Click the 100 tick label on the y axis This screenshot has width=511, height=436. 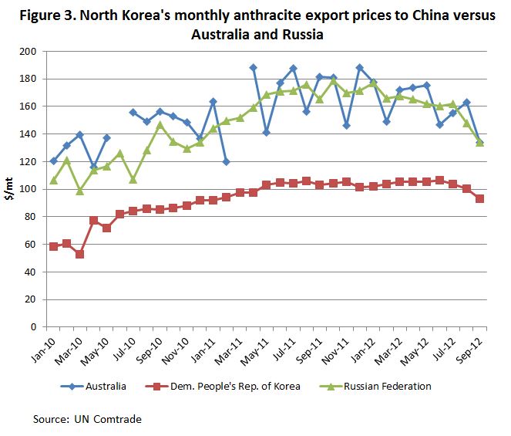[29, 189]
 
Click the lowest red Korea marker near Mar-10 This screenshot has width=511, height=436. [79, 254]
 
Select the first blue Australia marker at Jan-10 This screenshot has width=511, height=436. [53, 161]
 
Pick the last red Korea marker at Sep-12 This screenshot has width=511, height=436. [479, 198]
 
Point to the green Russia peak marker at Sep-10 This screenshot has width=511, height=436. [160, 124]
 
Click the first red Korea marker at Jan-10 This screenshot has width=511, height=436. [53, 246]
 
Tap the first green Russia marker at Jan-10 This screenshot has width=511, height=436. [53, 181]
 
